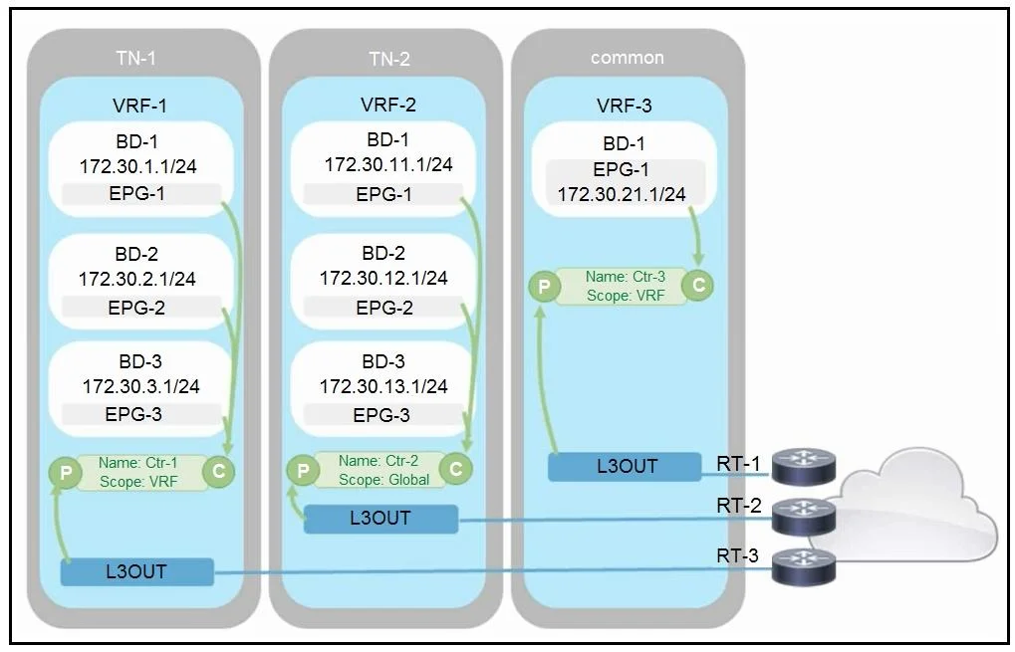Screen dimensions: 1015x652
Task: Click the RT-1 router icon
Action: [802, 467]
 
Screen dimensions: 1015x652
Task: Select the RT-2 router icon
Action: [802, 517]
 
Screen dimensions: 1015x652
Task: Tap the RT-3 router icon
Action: [803, 566]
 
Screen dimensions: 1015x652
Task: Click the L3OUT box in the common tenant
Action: [625, 467]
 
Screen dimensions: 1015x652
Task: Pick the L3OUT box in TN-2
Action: [381, 519]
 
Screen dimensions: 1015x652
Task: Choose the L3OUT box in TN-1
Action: [136, 571]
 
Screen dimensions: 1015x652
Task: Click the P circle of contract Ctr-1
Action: [66, 472]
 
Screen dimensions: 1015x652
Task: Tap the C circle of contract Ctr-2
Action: [456, 469]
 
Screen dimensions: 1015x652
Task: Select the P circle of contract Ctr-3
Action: [545, 286]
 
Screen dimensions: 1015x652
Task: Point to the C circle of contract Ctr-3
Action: [698, 286]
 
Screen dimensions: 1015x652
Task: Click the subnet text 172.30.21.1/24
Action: [622, 194]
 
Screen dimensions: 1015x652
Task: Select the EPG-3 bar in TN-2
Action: [383, 415]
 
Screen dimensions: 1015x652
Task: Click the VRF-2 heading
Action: [388, 105]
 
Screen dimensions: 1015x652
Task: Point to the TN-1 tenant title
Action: [135, 58]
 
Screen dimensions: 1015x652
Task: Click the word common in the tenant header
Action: [627, 58]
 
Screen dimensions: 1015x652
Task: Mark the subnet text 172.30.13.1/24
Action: [383, 387]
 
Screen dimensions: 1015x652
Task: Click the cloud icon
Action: [906, 508]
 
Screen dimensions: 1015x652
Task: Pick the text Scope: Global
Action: [383, 480]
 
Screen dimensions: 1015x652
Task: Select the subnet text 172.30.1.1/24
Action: [137, 167]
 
